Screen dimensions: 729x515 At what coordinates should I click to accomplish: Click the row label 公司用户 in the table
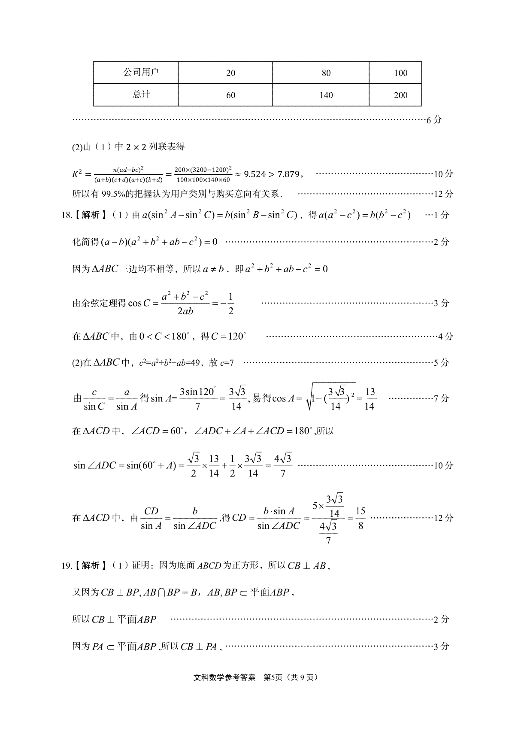pos(141,72)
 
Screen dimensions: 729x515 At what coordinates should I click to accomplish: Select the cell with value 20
pos(230,73)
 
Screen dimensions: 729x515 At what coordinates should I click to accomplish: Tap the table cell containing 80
pos(326,73)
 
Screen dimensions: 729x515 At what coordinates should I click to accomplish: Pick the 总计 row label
pos(141,94)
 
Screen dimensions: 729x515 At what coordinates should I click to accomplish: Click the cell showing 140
pos(326,95)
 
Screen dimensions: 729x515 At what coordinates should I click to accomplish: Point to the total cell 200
pos(400,95)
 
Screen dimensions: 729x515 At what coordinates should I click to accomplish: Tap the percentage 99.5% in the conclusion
pos(112,194)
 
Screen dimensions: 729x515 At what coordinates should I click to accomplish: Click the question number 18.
pos(67,215)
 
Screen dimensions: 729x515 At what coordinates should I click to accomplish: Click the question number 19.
pos(67,565)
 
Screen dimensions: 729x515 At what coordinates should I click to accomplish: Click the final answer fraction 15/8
pos(360,518)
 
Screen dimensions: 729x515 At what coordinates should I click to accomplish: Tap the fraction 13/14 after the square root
pos(370,399)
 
